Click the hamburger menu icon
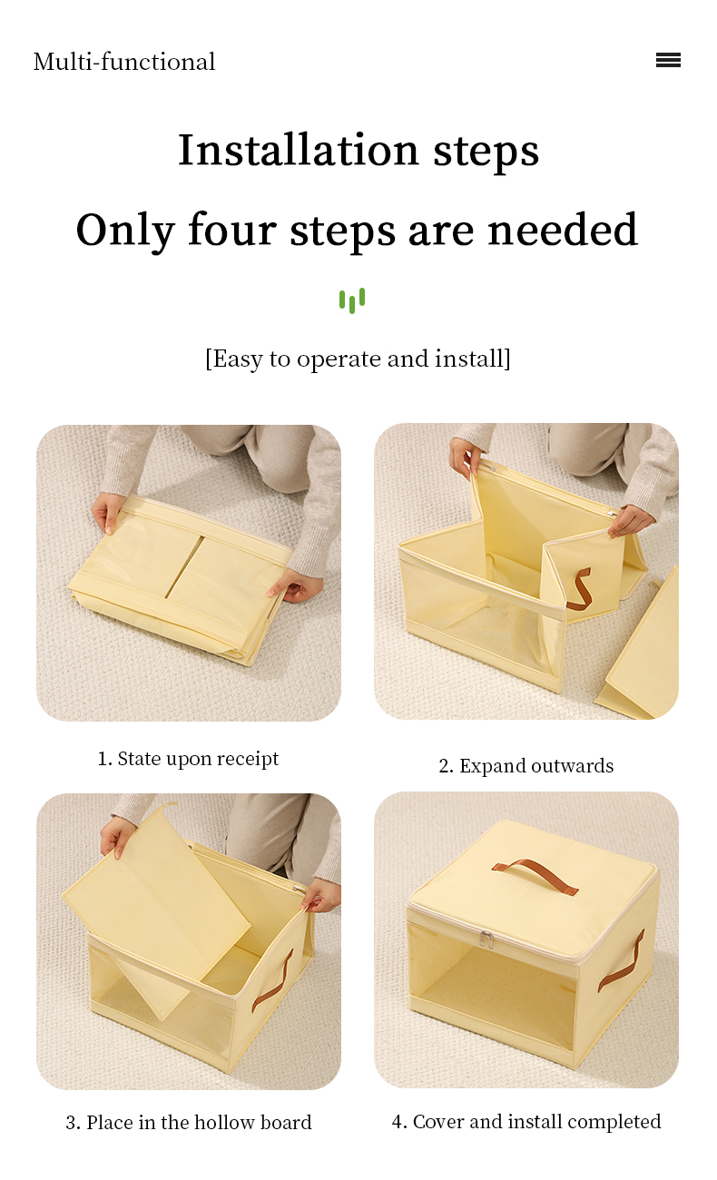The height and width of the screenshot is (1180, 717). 668,60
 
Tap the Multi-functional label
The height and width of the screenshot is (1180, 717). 124,62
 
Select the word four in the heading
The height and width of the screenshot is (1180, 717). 231,230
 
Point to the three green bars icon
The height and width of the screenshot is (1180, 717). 352,300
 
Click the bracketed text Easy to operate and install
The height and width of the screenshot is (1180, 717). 358,359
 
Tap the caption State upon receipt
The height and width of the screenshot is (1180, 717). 188,759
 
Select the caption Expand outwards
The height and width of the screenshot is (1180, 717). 526,766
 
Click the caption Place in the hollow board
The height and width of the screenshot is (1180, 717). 189,1123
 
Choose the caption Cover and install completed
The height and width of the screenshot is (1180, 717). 526,1122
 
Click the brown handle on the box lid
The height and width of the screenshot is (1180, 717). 535,875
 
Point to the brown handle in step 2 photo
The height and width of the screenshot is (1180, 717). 579,588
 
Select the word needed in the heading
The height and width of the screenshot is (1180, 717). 563,230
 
